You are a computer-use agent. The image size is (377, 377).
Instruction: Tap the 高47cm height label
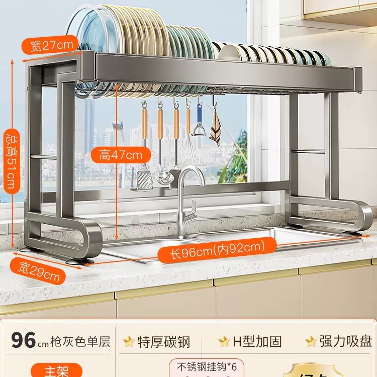pos(121,155)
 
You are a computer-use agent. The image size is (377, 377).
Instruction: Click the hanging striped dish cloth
pos(215,129)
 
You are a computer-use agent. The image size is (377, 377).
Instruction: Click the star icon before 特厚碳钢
pos(129,342)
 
